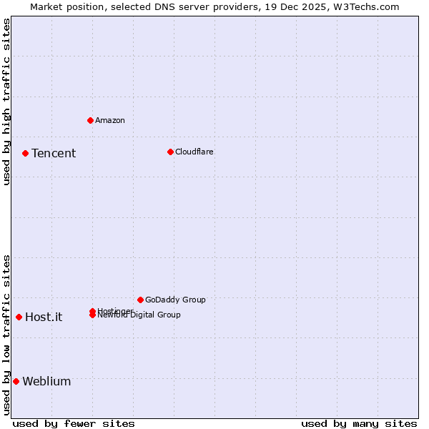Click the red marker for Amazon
point(90,120)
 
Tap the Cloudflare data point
point(170,152)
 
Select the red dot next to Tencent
point(25,153)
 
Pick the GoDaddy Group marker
point(140,300)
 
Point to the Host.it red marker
point(19,317)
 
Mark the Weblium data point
point(16,381)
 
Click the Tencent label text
point(54,154)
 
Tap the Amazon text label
point(109,120)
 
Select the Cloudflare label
point(194,152)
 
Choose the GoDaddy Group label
point(175,300)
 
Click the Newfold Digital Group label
point(140,315)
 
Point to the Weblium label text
point(46,382)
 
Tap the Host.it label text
point(44,317)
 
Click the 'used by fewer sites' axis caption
point(74,423)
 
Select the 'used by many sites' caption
point(359,423)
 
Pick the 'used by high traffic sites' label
point(6,102)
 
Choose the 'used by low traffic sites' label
point(6,335)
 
